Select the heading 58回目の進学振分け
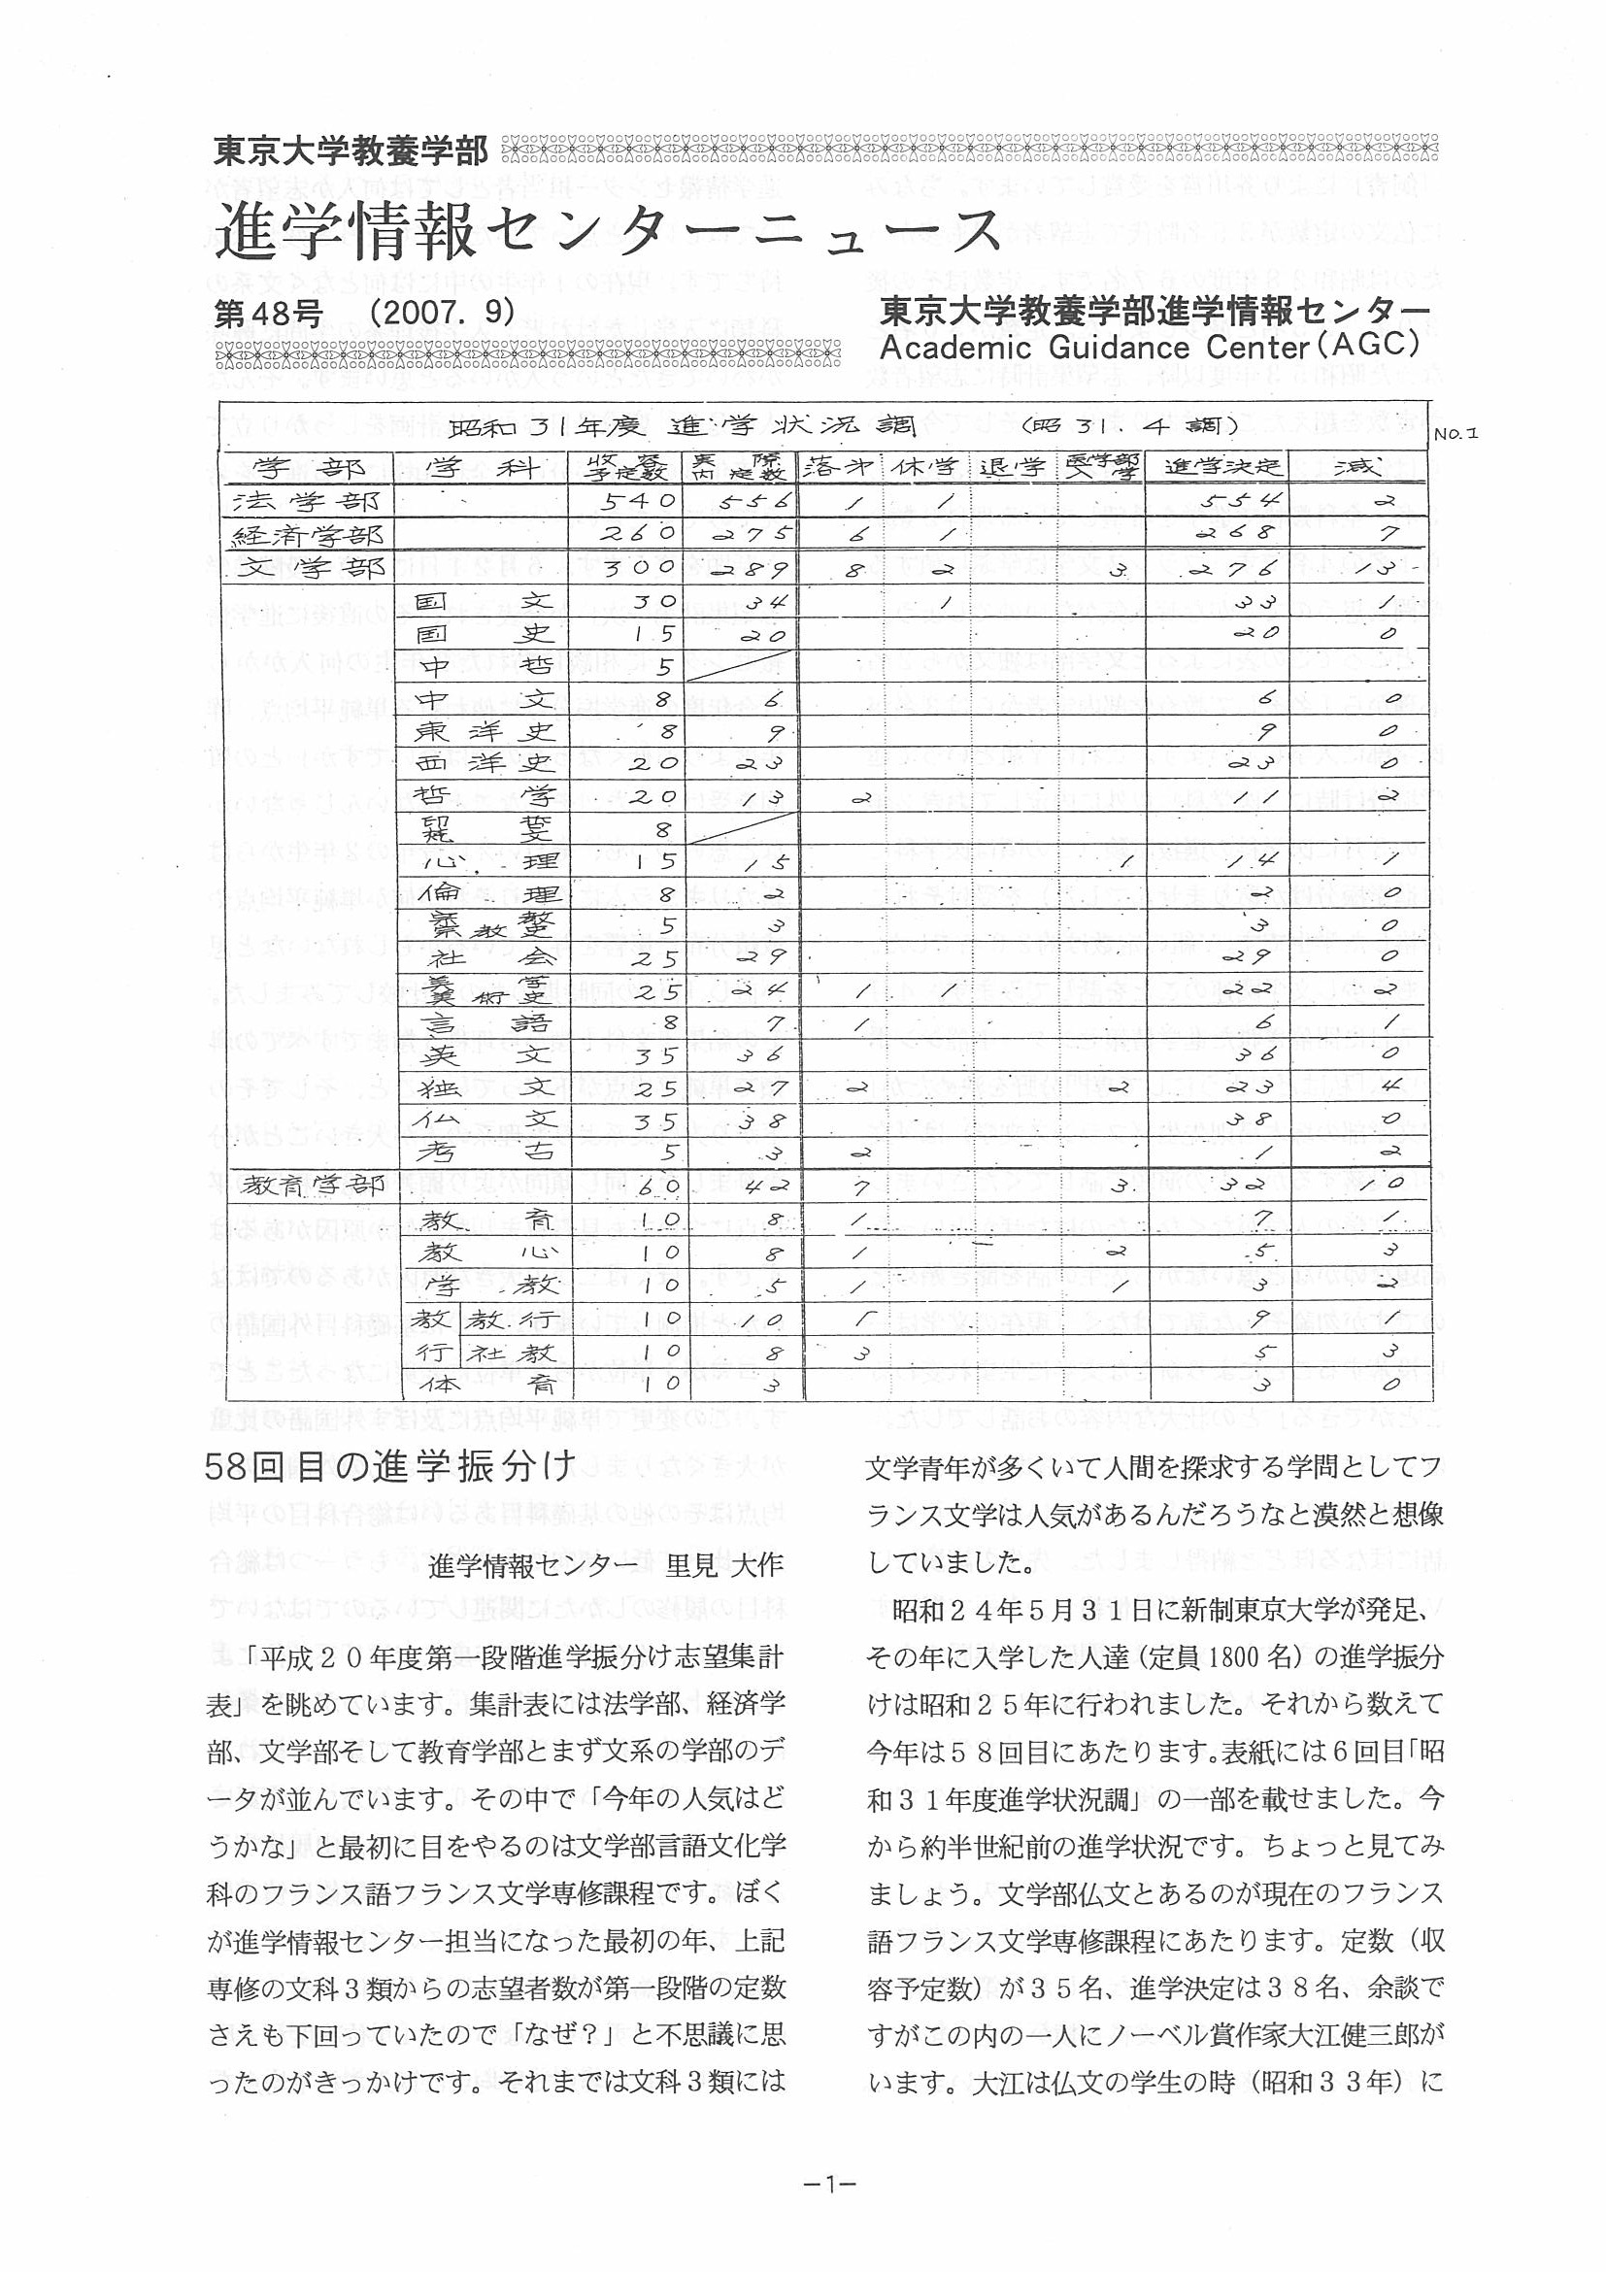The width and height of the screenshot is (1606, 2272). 391,1467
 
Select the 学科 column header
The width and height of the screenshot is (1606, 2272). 481,467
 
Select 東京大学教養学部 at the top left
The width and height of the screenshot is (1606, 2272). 351,151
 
